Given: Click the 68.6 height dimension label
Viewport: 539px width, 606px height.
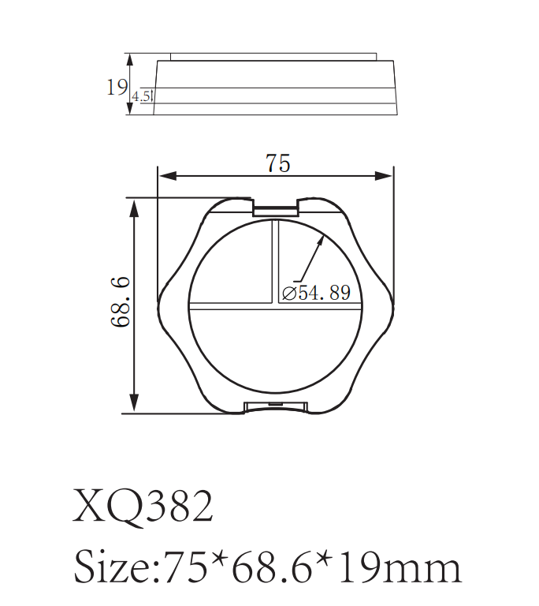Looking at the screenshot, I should (121, 304).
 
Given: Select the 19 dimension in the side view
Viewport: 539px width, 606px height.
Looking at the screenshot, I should (117, 86).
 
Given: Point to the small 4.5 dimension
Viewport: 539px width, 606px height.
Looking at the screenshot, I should (142, 96).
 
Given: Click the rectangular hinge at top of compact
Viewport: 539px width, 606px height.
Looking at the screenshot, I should (276, 208).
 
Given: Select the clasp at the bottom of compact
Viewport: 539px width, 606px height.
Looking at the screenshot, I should (276, 406).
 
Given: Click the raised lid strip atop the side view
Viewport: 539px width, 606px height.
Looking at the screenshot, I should (274, 57).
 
